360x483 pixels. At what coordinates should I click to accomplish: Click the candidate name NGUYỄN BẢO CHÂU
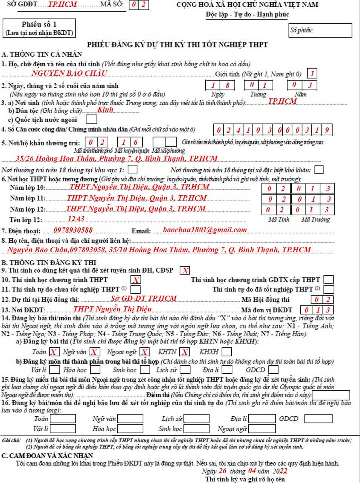(x=69, y=74)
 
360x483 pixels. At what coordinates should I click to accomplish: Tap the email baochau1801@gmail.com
(x=205, y=230)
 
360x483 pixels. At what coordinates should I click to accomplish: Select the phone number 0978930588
(x=73, y=230)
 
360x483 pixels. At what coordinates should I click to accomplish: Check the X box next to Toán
(x=54, y=352)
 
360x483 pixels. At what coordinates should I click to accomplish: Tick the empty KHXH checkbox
(x=227, y=352)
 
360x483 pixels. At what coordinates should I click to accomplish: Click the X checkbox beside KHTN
(x=184, y=352)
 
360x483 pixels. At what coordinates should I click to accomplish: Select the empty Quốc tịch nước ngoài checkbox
(x=91, y=120)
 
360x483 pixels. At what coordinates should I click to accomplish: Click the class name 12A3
(x=76, y=219)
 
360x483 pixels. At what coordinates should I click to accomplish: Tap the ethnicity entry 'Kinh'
(x=105, y=110)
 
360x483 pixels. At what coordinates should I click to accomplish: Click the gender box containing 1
(x=312, y=74)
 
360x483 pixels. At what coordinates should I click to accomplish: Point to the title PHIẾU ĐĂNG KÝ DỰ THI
(x=177, y=44)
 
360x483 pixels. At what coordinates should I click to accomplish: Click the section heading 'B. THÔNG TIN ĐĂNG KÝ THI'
(x=49, y=262)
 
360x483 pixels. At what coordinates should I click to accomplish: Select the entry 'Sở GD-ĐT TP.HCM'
(x=144, y=298)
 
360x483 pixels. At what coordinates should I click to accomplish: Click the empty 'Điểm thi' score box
(x=331, y=395)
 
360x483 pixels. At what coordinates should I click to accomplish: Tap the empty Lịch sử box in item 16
(x=196, y=419)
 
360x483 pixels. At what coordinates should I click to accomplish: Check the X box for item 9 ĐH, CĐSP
(x=185, y=270)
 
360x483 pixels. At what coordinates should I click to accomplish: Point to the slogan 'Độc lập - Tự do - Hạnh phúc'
(x=247, y=14)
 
